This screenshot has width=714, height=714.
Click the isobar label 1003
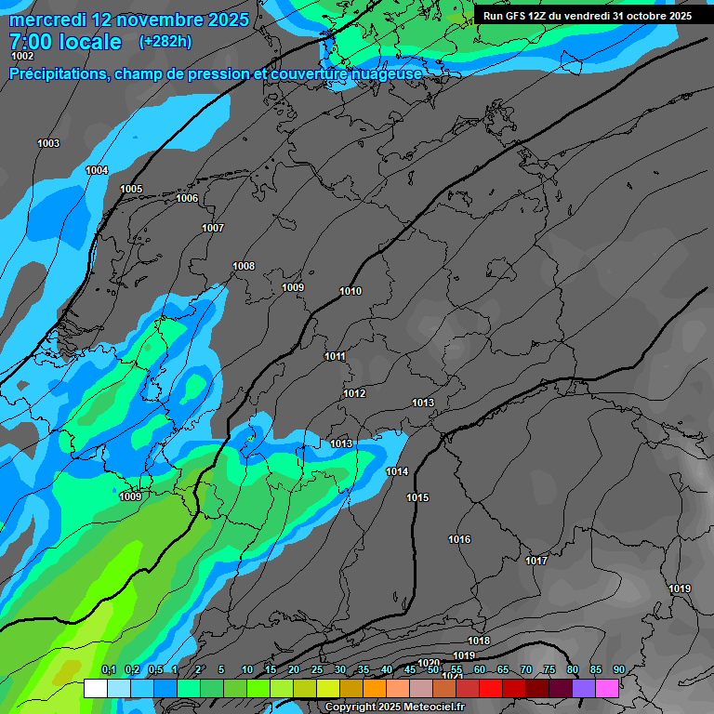click(x=48, y=143)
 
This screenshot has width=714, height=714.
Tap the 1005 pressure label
click(x=131, y=190)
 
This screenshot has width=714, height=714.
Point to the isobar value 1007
click(x=213, y=228)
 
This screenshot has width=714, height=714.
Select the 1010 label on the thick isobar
click(x=350, y=292)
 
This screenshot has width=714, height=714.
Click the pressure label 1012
click(x=354, y=394)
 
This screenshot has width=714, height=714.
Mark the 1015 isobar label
click(x=417, y=498)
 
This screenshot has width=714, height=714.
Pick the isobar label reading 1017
click(x=536, y=561)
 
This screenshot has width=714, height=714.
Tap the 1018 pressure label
click(x=479, y=641)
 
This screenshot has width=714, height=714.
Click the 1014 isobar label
click(x=397, y=472)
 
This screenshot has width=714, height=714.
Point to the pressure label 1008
click(x=244, y=267)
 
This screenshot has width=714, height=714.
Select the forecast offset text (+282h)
click(x=165, y=42)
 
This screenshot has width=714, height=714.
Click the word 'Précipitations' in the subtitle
click(x=59, y=73)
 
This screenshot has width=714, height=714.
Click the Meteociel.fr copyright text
click(x=394, y=707)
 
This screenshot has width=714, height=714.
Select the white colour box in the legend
click(x=95, y=688)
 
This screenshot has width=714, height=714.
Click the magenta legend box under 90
click(x=607, y=688)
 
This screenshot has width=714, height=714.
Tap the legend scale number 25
click(x=316, y=670)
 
